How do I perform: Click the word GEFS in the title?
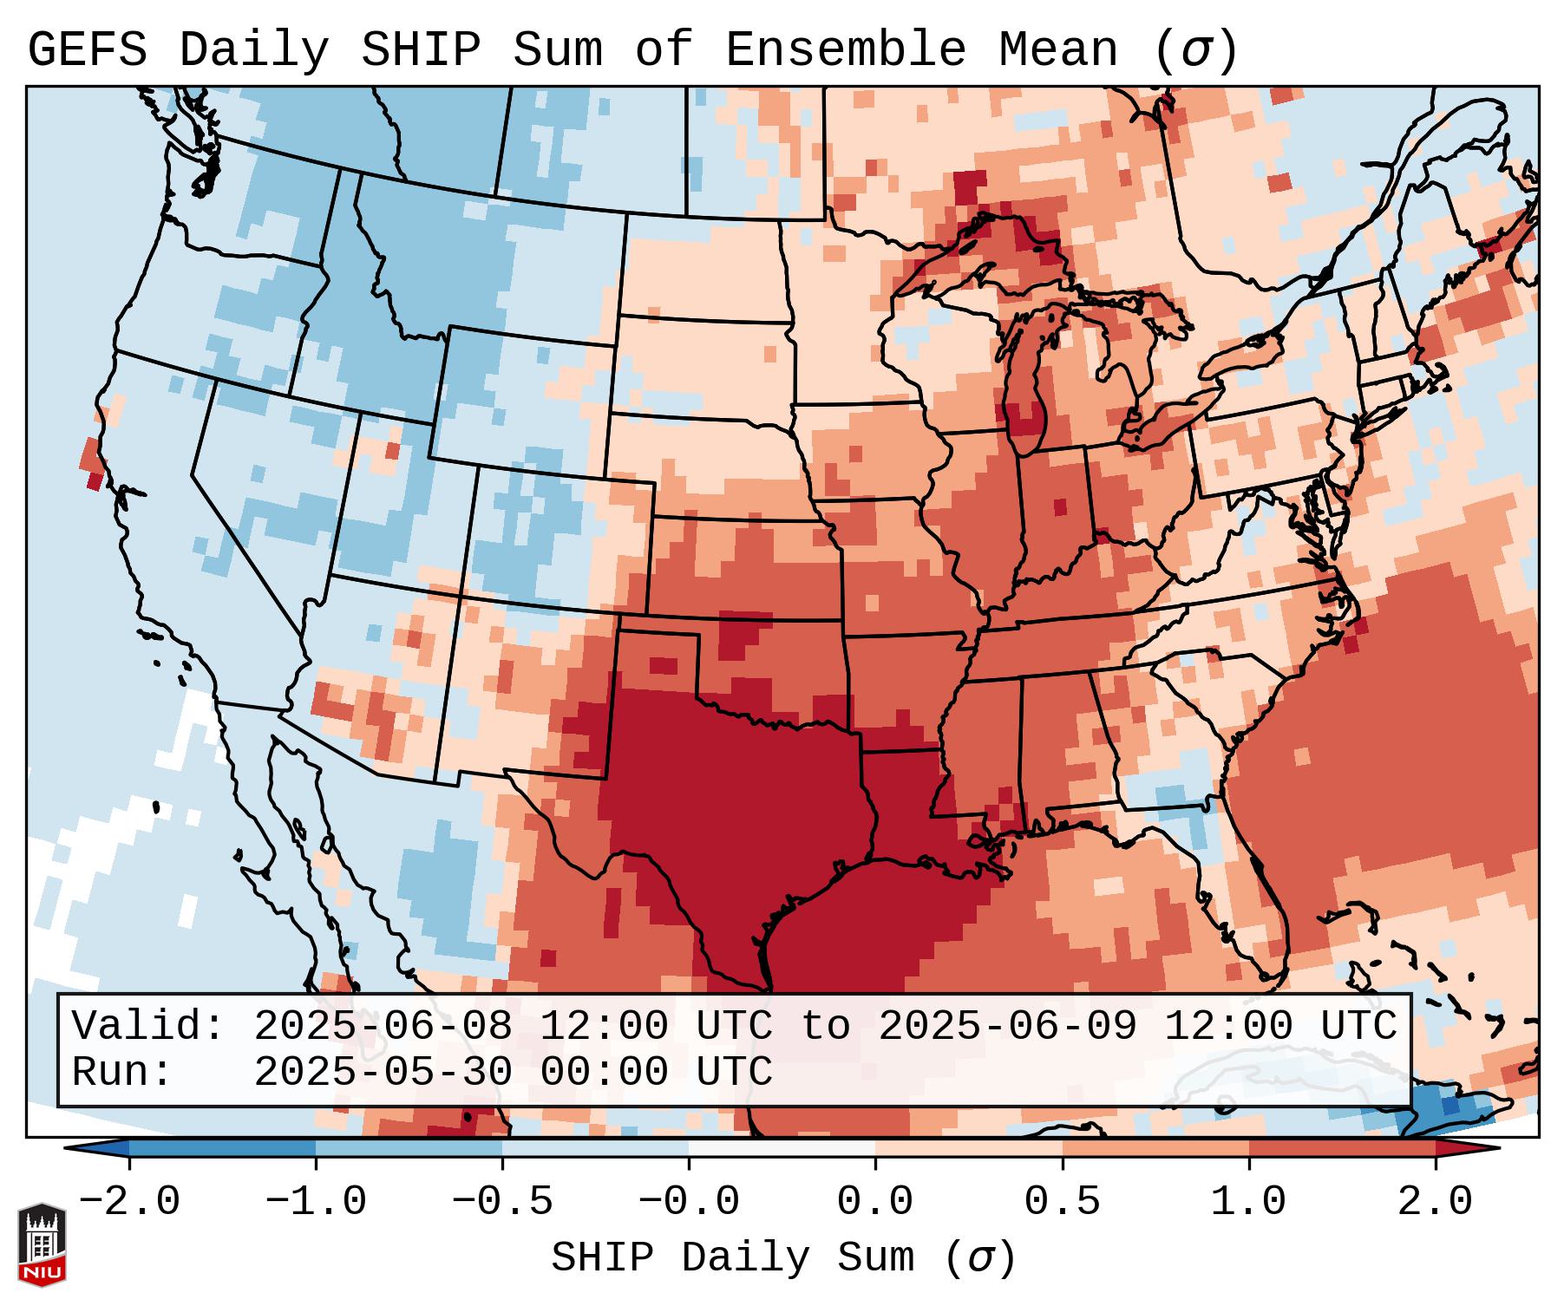tap(87, 51)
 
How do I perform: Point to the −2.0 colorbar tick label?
tap(129, 1202)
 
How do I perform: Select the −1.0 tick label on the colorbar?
tap(316, 1202)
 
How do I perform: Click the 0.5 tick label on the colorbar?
tap(1062, 1202)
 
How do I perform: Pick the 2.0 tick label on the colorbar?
tap(1435, 1202)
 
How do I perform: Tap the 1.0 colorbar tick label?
tap(1248, 1202)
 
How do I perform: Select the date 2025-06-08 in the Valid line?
tap(383, 1026)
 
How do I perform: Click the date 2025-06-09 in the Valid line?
tap(1007, 1026)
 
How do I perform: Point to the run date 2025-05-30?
tap(383, 1072)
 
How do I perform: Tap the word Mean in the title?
tap(1057, 51)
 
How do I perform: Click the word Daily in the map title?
tap(253, 51)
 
